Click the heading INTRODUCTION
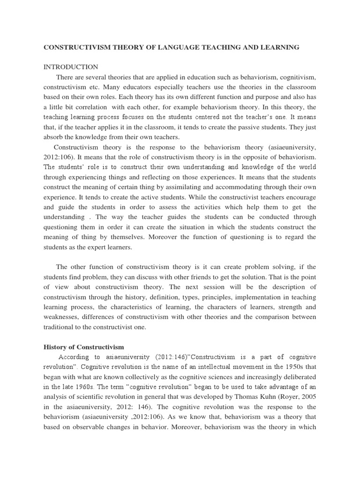click(x=71, y=67)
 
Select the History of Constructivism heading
click(x=84, y=347)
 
